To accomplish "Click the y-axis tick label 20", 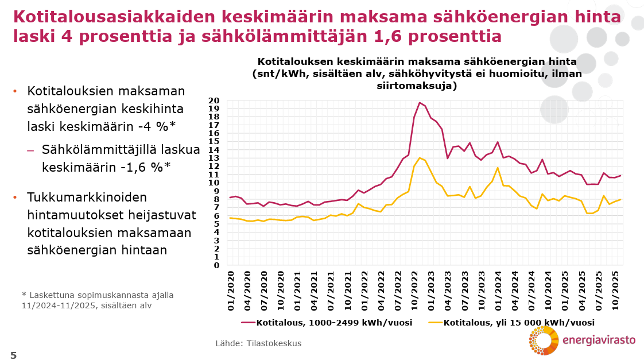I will click(214, 100).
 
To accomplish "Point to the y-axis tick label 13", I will click(214, 158).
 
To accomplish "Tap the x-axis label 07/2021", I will click(331, 291).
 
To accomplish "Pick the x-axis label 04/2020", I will click(247, 291).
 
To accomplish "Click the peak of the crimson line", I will click(420, 103).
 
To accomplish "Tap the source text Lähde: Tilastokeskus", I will click(258, 343).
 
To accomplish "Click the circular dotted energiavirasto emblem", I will click(543, 340).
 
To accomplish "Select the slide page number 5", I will click(13, 355).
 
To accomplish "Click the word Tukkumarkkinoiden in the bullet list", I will click(87, 198).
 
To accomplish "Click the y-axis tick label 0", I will click(216, 265).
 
